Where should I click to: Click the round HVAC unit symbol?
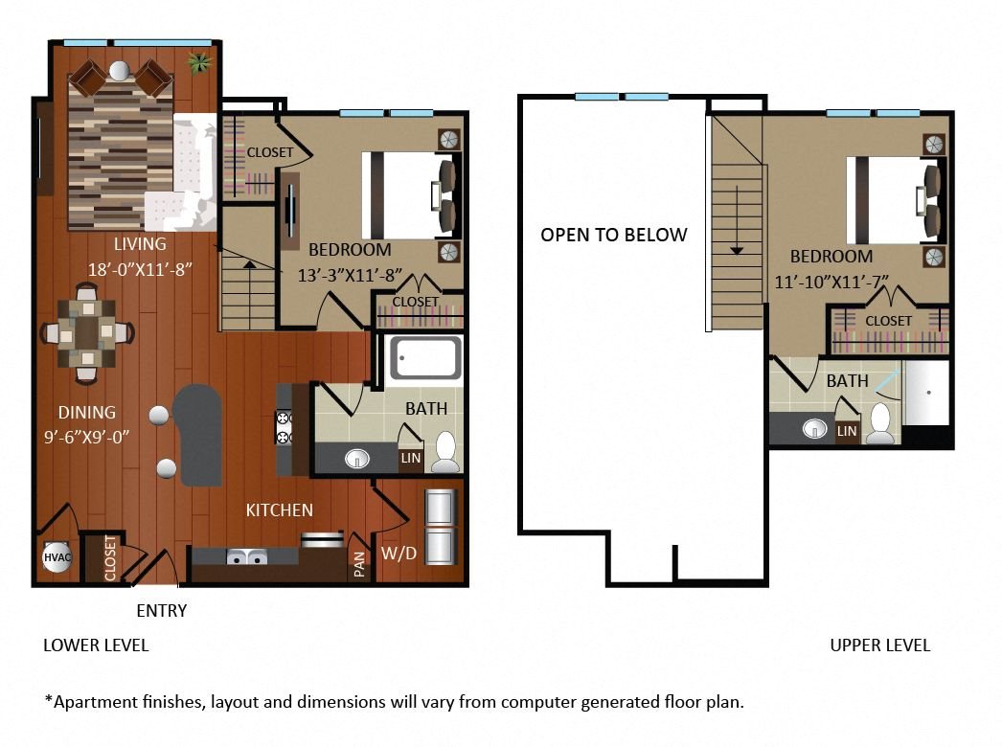(57, 557)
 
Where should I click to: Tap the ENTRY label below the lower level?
(162, 611)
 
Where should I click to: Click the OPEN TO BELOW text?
(613, 236)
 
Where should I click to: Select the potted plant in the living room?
(199, 62)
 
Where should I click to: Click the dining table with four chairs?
(87, 332)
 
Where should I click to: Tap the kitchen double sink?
(247, 556)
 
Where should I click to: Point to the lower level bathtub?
(425, 358)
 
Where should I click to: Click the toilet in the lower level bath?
(444, 453)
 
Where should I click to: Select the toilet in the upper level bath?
(881, 423)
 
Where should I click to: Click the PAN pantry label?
(359, 564)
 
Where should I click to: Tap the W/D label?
(399, 554)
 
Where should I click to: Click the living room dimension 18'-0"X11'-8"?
(140, 270)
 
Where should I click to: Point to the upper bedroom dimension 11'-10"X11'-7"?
(831, 282)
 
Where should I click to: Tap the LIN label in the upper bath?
(847, 431)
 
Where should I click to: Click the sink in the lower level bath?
(356, 458)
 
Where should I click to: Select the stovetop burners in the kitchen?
(284, 428)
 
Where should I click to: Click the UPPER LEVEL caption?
(880, 645)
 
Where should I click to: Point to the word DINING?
(87, 413)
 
